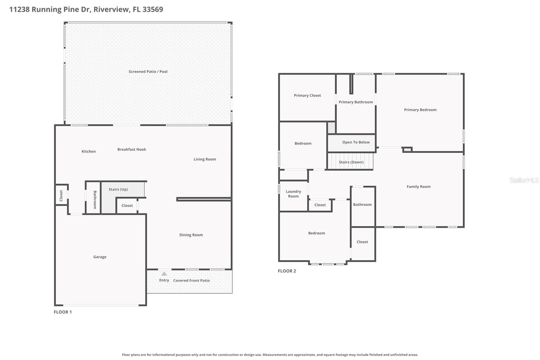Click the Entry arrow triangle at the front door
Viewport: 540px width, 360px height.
164,274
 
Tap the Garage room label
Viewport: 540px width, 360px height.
100,257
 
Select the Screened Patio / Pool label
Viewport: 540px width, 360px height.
148,72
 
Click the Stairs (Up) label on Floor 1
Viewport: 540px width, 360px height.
118,189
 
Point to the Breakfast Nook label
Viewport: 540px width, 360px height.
132,149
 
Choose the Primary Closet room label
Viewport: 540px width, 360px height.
307,96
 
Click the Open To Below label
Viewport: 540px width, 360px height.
356,142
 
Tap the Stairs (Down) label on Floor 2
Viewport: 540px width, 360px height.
351,162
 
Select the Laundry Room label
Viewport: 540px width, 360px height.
293,194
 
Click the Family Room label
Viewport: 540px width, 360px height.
418,186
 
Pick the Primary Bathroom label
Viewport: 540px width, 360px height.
356,102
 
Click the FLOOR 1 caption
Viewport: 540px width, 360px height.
63,312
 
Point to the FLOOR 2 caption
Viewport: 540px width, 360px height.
287,271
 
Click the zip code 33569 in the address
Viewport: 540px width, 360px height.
153,9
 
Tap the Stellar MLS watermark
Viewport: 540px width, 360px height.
524,180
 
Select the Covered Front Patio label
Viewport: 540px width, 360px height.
191,281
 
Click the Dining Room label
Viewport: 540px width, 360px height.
191,235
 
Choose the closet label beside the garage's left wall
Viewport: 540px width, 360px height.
61,196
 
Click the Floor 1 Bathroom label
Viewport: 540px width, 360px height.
95,200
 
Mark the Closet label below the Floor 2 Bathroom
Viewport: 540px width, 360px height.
362,242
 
